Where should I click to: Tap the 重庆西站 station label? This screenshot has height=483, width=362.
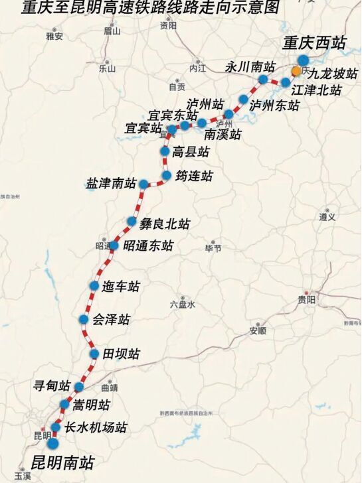click(x=314, y=43)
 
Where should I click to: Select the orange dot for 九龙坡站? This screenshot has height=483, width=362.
click(x=296, y=70)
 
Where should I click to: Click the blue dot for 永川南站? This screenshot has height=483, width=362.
click(x=263, y=79)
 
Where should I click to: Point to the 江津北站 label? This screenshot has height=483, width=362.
click(x=316, y=90)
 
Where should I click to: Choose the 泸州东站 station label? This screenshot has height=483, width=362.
click(x=274, y=105)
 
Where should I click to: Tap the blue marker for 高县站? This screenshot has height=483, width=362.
click(x=165, y=151)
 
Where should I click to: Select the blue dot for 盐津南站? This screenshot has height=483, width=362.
click(x=143, y=183)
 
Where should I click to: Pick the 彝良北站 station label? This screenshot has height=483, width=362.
click(x=165, y=224)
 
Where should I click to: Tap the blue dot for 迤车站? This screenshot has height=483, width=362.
click(x=95, y=286)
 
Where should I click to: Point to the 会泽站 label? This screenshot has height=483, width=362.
click(x=111, y=319)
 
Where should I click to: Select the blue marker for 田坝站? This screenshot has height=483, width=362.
click(x=94, y=354)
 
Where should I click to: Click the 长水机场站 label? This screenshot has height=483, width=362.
click(x=96, y=428)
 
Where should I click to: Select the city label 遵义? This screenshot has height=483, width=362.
click(x=327, y=217)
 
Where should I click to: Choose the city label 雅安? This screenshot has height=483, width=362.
click(x=54, y=36)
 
